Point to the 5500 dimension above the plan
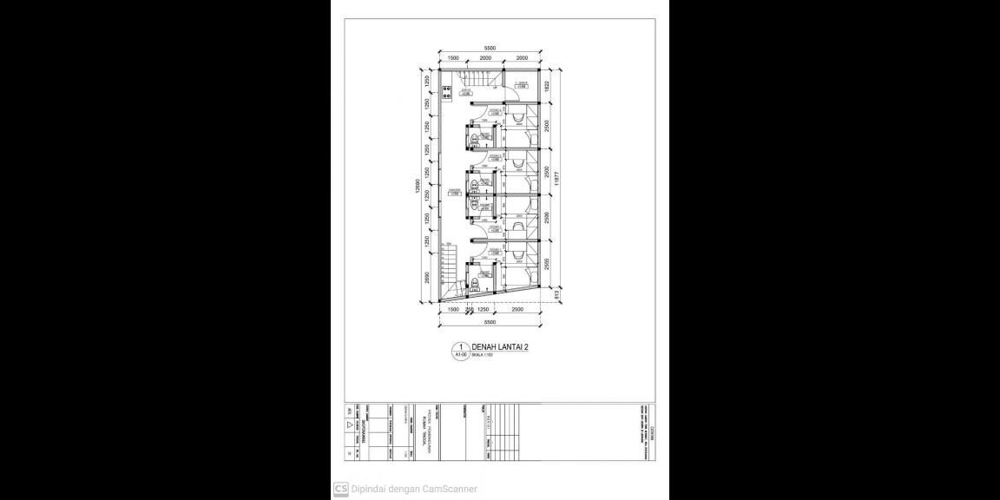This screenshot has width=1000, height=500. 490,49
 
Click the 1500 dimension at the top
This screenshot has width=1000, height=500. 452,58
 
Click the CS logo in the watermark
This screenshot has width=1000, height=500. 341,489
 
